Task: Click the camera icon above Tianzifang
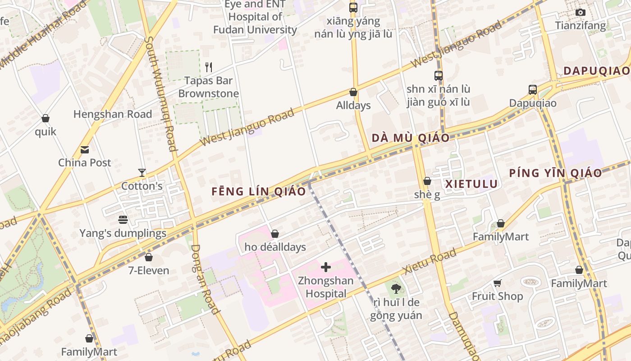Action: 581,12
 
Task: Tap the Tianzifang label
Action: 581,26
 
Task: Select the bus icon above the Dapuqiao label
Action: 533,89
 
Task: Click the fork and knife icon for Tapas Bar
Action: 208,67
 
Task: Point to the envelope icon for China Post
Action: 85,150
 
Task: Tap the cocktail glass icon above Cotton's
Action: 142,173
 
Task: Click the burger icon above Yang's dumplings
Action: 123,220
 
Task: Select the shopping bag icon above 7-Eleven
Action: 149,257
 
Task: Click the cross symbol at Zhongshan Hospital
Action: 326,267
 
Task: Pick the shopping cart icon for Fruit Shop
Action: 497,283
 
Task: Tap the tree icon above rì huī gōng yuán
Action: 396,288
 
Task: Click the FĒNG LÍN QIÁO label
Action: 259,191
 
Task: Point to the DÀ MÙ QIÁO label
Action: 410,138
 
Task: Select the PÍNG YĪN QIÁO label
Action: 555,173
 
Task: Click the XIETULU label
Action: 471,184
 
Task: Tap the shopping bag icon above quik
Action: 46,118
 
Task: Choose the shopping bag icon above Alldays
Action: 353,92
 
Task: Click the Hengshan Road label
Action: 113,114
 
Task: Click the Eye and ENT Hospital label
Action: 255,17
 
